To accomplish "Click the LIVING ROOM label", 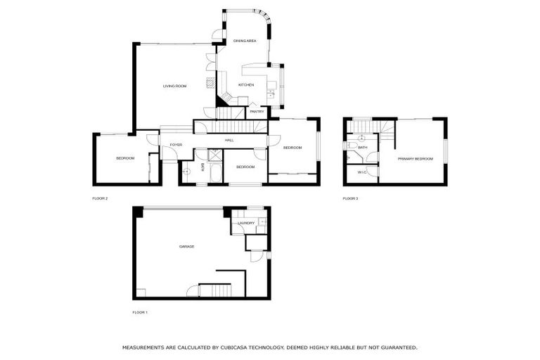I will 174,86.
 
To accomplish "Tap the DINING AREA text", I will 245,41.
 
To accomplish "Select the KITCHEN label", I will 245,85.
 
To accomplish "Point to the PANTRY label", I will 257,111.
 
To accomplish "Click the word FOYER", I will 176,145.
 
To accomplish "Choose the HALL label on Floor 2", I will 229,141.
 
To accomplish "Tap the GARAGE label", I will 186,246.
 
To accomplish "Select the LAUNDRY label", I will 246,224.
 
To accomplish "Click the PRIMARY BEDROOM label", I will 415,159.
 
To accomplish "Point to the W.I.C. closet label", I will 361,172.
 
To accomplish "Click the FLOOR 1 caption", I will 140,311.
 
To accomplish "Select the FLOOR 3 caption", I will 350,198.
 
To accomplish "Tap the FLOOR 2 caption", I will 100,198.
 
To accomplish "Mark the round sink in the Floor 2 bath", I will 186,171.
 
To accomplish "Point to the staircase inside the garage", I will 215,289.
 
